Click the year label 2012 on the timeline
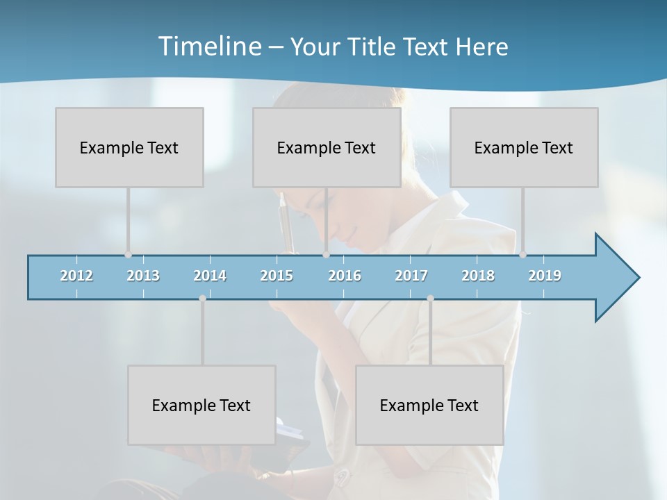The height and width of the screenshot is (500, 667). pos(76,276)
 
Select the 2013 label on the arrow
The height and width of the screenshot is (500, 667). pos(143,276)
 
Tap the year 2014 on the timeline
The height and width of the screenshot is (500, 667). pos(210,276)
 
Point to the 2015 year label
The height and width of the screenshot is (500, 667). pos(277,276)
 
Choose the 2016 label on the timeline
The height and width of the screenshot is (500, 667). pos(345,276)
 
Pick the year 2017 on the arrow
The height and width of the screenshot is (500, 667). pos(411,276)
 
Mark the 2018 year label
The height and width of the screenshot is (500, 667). pos(478,276)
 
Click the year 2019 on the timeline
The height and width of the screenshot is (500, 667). pos(545,276)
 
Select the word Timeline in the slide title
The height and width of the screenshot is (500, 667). pos(208,47)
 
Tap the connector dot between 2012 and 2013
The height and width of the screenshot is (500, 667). pos(128,255)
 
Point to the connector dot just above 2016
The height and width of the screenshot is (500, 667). pos(326,255)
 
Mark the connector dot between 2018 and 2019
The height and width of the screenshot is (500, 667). pos(522,255)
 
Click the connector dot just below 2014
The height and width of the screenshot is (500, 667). pos(202,299)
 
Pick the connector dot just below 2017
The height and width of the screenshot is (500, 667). pos(430,299)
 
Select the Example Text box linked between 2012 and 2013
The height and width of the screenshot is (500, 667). pos(129,147)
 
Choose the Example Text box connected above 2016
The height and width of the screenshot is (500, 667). pos(327,147)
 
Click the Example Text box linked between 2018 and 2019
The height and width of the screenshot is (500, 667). pos(524,147)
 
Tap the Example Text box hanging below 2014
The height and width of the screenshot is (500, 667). pos(201,405)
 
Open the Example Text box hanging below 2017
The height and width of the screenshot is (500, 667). pos(429,405)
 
